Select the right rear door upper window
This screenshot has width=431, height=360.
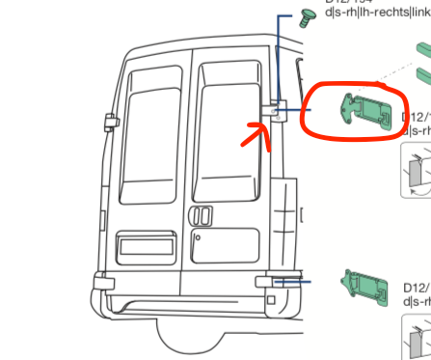tap(229, 117)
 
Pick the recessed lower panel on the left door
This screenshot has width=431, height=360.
tap(146, 245)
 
